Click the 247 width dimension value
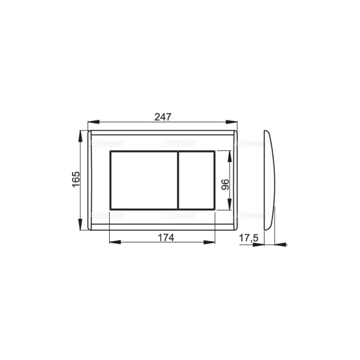pos(162,117)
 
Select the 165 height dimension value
pos(76,180)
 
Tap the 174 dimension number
pos(162,237)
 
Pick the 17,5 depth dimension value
pos(248,238)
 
